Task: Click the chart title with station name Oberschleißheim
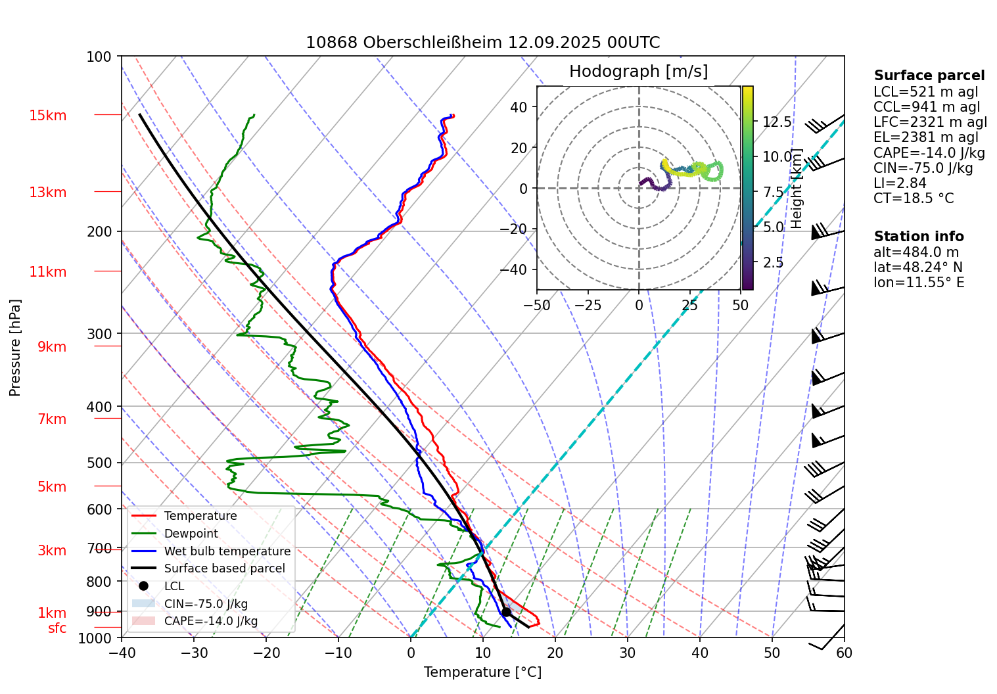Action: click(482, 43)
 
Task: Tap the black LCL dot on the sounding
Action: click(506, 612)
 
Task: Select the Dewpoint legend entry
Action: click(191, 534)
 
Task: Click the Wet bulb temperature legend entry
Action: click(227, 551)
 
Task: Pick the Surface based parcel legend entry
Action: click(224, 568)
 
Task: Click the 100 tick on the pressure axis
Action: click(99, 57)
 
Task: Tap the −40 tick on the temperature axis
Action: click(122, 653)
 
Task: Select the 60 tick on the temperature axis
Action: click(845, 653)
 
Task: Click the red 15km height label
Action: click(48, 116)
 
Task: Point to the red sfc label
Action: click(57, 628)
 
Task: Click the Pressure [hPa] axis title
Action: click(15, 348)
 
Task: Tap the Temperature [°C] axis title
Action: click(482, 672)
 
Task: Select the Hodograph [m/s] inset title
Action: click(638, 72)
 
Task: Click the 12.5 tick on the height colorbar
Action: click(777, 122)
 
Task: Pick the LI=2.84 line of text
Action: click(900, 183)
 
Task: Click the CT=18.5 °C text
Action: click(914, 198)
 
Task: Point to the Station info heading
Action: click(919, 237)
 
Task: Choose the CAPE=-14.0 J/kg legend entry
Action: click(210, 621)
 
